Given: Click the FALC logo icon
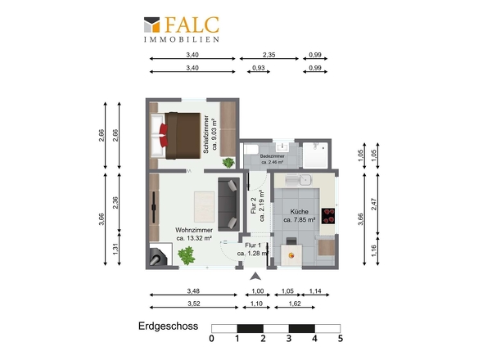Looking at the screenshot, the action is click(152, 25).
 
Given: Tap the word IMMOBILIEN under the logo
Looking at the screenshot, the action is click(182, 39).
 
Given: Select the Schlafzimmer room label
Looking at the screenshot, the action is click(206, 134).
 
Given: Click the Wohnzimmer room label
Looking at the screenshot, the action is click(194, 230).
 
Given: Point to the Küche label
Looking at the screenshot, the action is click(299, 212).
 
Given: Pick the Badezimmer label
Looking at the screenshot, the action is click(273, 156).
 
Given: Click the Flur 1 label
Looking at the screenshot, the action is click(253, 245).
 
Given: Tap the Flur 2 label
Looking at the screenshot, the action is click(254, 205).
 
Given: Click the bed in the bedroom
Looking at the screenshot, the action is click(175, 136).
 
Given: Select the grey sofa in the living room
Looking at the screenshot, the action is click(228, 205).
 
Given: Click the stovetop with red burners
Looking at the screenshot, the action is click(328, 216).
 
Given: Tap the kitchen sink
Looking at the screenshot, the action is click(299, 180).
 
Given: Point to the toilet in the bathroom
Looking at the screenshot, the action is click(251, 150).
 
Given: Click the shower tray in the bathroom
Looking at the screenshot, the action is click(315, 155).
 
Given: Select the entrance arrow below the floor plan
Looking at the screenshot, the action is click(255, 277).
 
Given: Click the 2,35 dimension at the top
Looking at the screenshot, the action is click(269, 55).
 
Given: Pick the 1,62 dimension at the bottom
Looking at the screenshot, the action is click(295, 304).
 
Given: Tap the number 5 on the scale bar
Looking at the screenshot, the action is click(340, 339).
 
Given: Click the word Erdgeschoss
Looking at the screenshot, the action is click(168, 326).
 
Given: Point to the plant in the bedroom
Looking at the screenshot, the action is click(228, 163).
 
